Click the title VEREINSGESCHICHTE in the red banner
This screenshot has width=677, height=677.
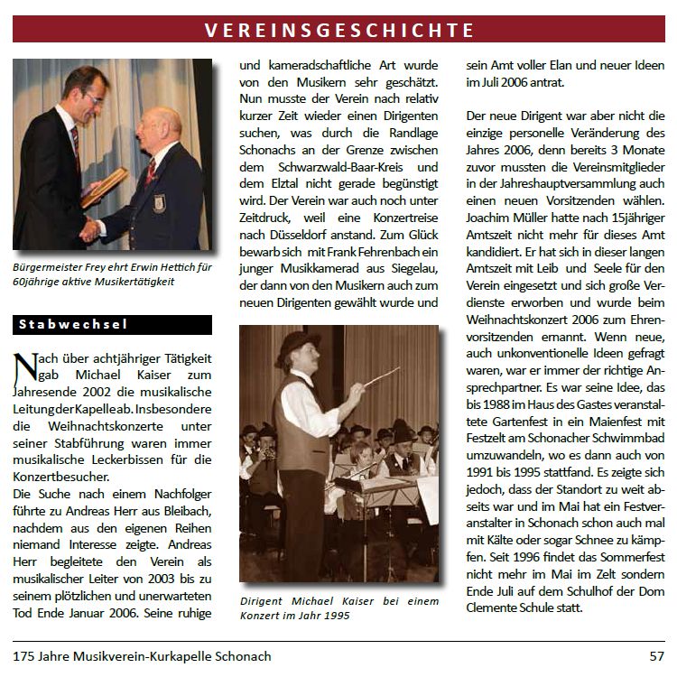click(x=338, y=30)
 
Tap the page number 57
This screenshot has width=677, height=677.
click(x=656, y=656)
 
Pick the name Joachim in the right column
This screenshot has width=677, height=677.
click(x=492, y=218)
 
